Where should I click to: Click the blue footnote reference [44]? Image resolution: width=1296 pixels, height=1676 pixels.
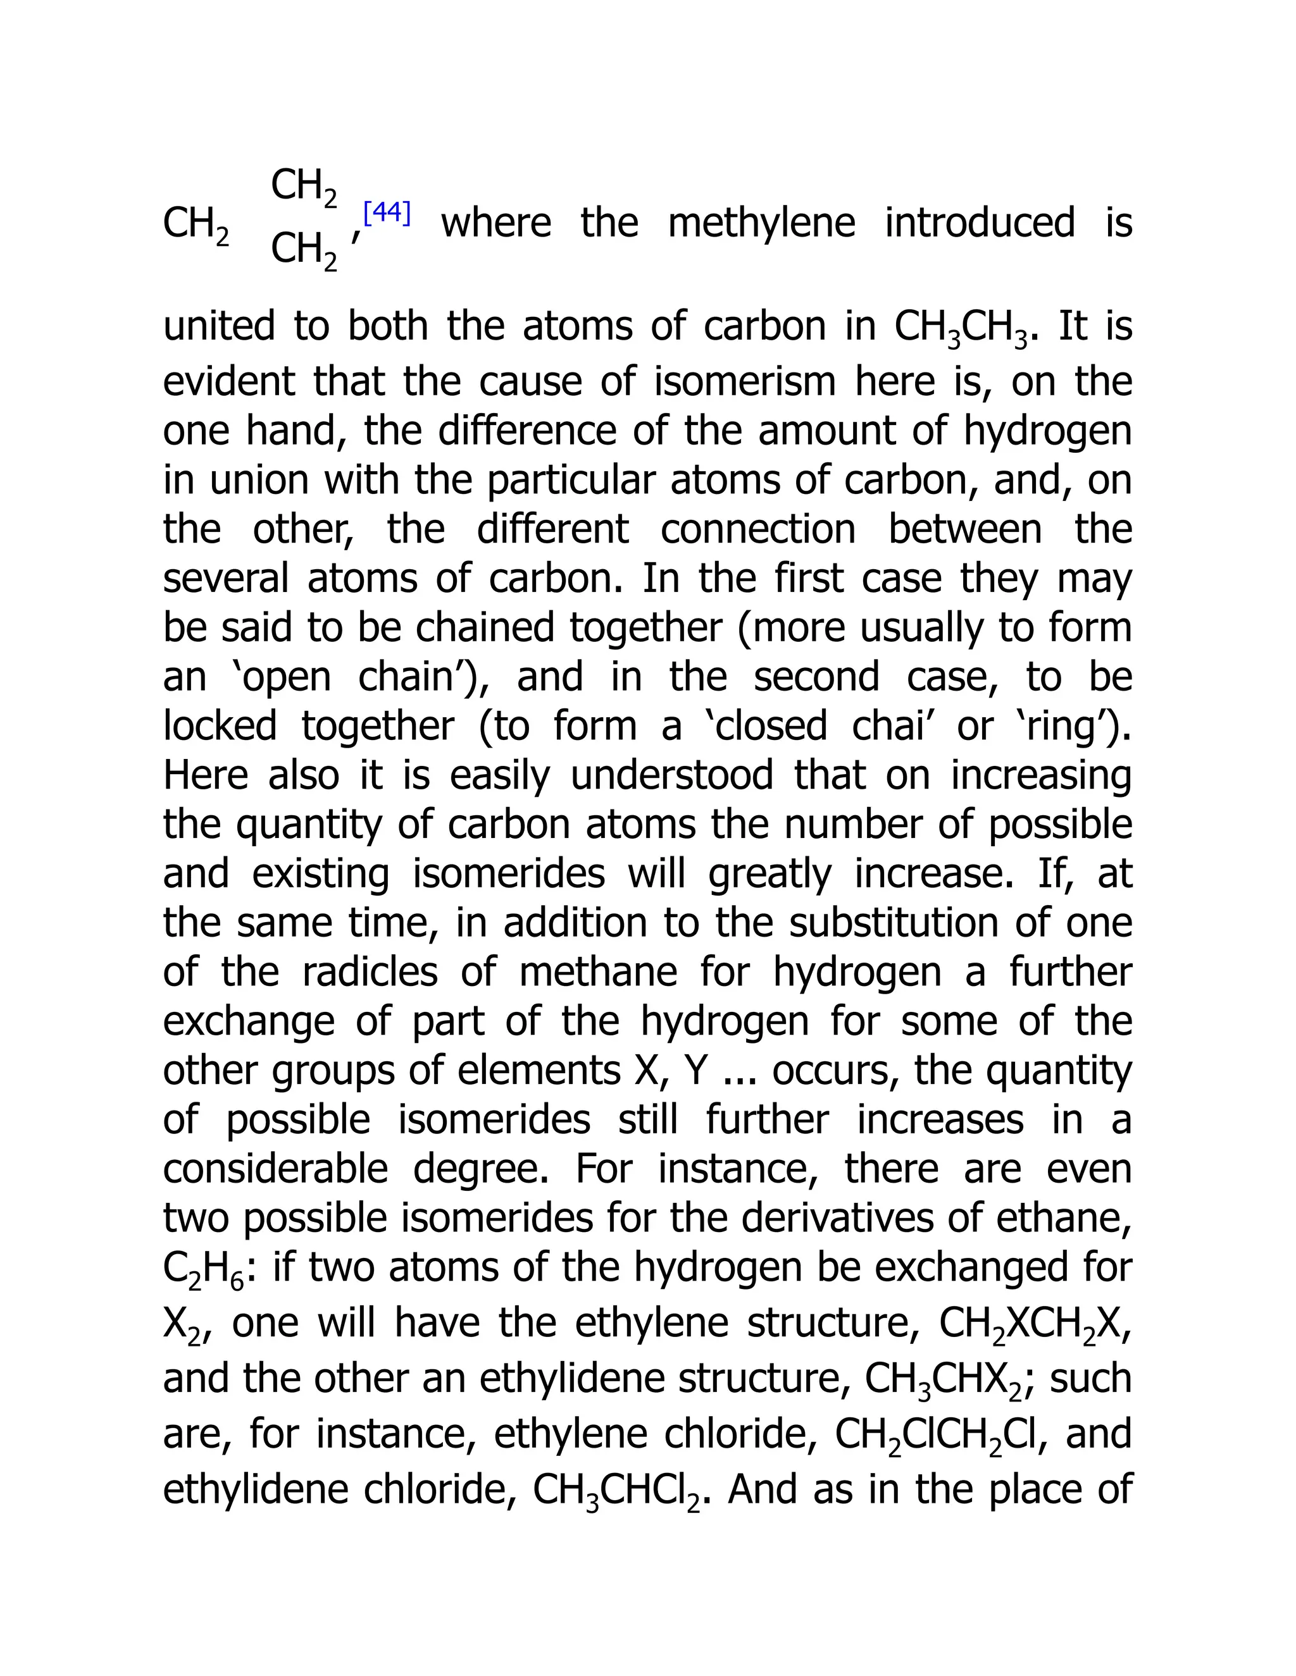coord(387,213)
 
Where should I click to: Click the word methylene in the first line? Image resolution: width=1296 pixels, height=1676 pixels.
coord(761,223)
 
